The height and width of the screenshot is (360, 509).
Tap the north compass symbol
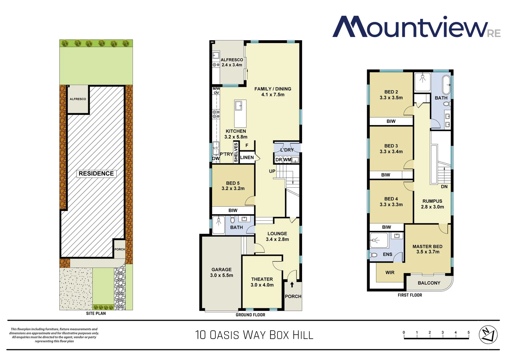coord(488,334)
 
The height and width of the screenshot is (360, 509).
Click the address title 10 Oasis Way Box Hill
coord(254,335)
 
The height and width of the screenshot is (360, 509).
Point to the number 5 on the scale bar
coord(468,333)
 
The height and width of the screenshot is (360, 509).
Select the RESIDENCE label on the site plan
coord(96,174)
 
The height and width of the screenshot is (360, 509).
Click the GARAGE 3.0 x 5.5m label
coord(222,272)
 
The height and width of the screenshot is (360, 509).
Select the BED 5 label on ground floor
coord(233,186)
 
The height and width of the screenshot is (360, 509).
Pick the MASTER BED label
coord(427,249)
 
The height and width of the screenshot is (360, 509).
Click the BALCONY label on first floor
coord(429,283)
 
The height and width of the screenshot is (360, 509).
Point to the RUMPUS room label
coord(432,204)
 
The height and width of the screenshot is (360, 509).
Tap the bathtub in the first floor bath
coord(446,85)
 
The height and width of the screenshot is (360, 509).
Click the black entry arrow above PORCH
coord(292,285)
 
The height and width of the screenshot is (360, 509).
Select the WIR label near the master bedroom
coord(390,273)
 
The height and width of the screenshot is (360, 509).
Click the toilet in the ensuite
coord(374,255)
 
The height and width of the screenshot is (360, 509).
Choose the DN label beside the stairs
coord(444,187)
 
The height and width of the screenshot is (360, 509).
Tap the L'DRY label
coord(287,150)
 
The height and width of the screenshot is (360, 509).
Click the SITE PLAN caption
coord(96,313)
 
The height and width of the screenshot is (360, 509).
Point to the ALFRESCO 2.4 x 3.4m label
coord(232,62)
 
